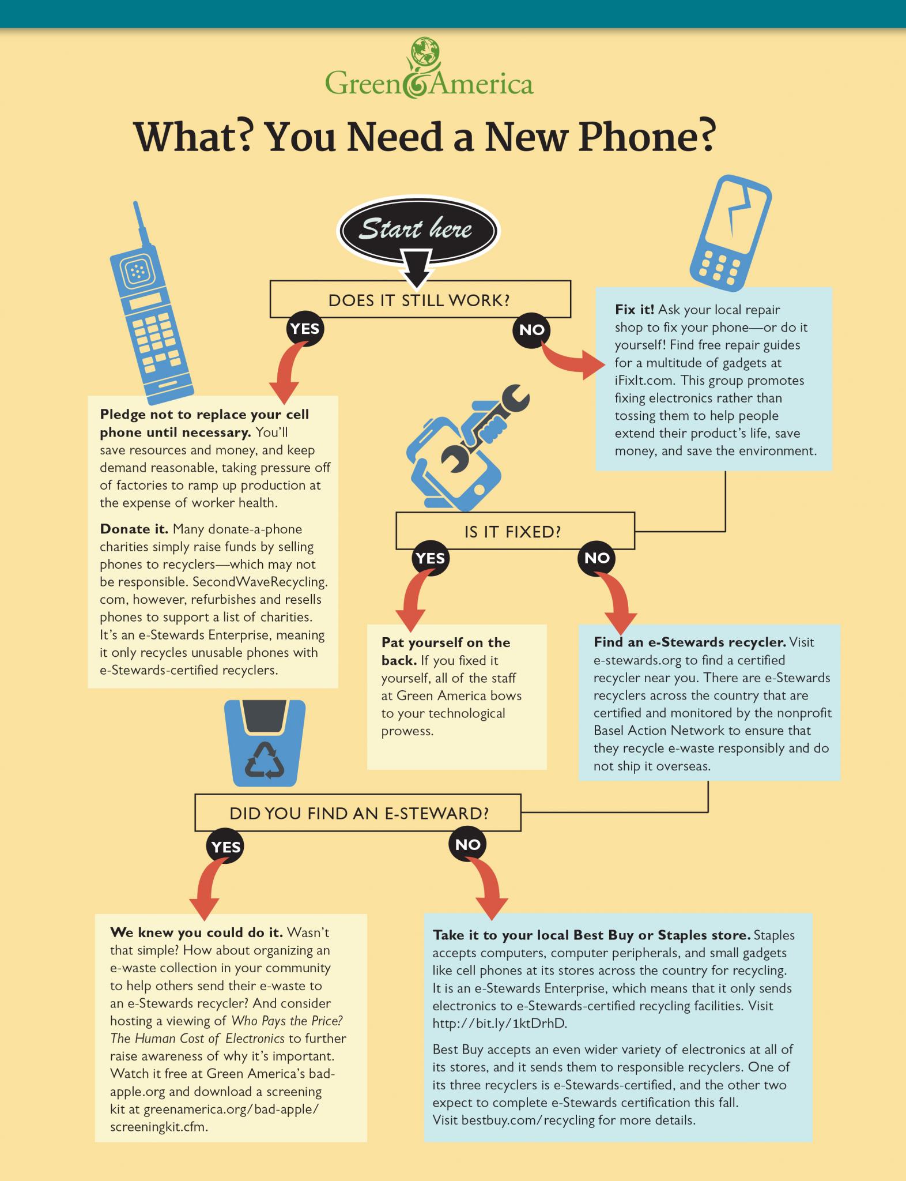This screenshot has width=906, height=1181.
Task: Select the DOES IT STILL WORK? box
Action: click(x=420, y=300)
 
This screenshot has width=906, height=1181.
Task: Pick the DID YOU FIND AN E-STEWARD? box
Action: click(x=358, y=813)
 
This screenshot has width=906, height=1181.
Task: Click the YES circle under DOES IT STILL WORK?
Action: click(x=305, y=329)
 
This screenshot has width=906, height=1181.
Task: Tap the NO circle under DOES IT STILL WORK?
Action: click(x=531, y=330)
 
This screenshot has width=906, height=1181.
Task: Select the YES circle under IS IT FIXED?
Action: click(x=431, y=558)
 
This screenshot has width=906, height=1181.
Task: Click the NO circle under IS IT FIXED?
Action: click(x=597, y=558)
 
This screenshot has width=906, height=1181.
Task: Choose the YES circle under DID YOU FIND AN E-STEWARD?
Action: click(x=225, y=847)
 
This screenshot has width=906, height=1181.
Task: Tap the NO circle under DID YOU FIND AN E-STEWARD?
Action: click(x=467, y=845)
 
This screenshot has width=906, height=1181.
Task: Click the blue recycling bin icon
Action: click(x=265, y=743)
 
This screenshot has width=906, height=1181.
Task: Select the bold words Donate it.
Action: click(x=134, y=529)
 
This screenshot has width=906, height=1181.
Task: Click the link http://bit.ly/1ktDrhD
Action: click(x=500, y=1024)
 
